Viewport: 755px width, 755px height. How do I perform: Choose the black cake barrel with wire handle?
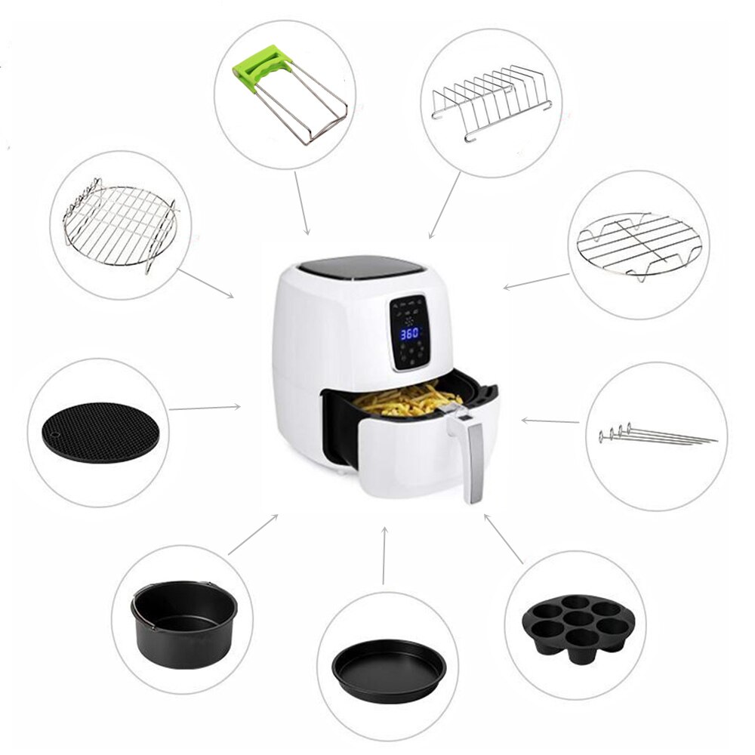tap(185, 624)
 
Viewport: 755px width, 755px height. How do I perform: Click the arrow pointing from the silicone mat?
tap(205, 408)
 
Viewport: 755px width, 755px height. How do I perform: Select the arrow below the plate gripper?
tap(301, 202)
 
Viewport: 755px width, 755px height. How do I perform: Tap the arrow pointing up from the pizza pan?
tap(384, 555)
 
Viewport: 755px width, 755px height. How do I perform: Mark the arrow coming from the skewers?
tap(550, 421)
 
